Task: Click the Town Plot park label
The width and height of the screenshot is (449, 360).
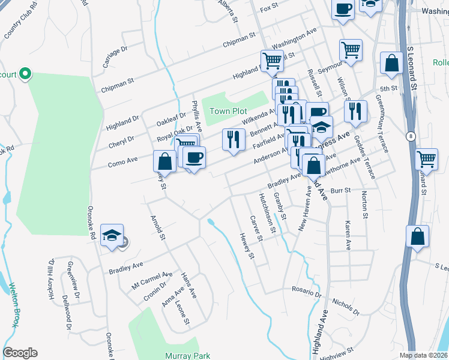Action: pos(228,112)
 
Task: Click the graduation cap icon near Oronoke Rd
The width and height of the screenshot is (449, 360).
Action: pos(112,236)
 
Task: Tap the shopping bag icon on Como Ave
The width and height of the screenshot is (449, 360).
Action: pos(164,161)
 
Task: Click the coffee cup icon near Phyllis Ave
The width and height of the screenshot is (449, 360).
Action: pos(194,158)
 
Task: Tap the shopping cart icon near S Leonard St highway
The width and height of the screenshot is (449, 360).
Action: pos(427,160)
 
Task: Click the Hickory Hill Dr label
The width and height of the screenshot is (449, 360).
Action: pos(52,279)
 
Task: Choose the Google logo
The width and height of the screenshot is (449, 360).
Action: pos(20,353)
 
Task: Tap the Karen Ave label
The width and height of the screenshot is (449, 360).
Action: pos(348,235)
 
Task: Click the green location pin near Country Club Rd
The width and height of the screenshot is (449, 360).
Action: pos(25,74)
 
